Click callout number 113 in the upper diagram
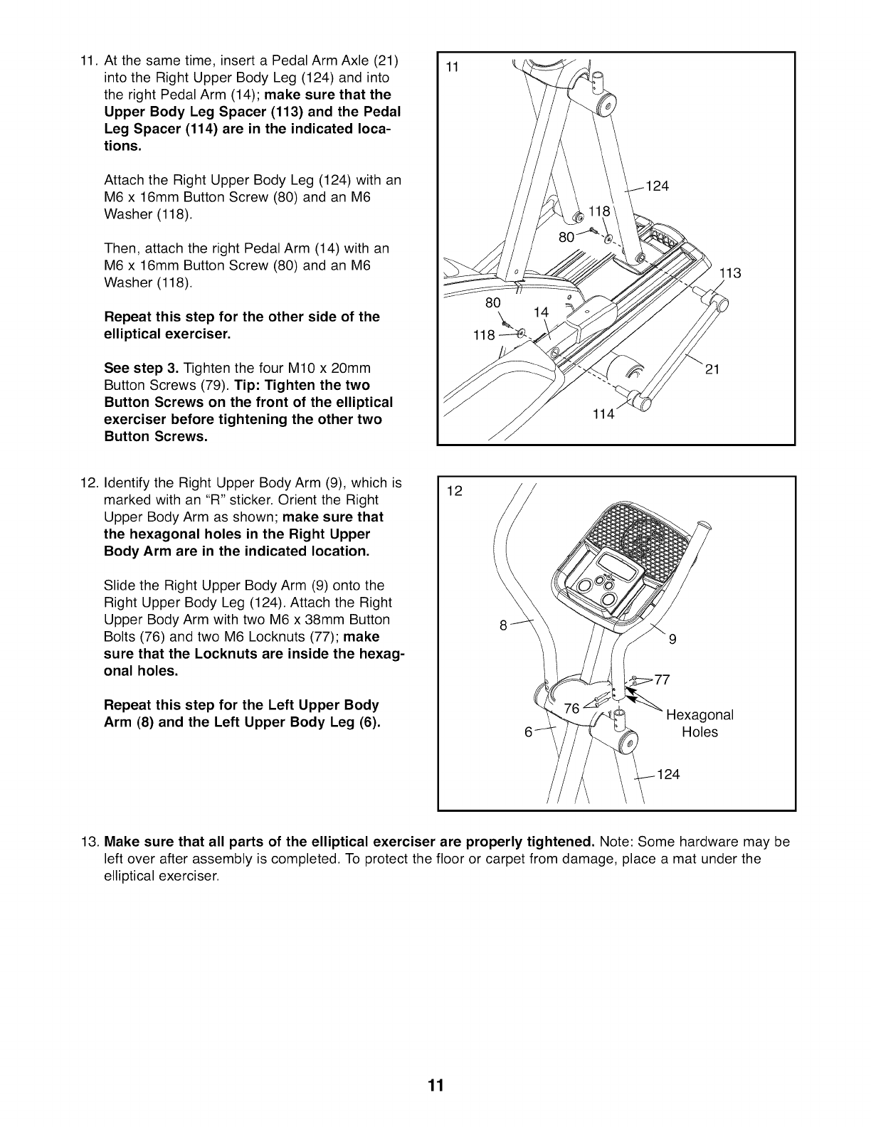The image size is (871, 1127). (731, 273)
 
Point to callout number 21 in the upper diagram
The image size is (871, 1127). (712, 369)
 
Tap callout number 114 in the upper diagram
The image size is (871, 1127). (603, 414)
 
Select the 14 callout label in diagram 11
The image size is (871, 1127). (542, 311)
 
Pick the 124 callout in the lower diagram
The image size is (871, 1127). (668, 774)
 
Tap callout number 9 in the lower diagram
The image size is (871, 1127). (672, 639)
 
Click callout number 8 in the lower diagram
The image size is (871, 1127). (503, 626)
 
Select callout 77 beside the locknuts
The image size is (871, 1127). (662, 679)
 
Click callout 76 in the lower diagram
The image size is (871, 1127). (571, 709)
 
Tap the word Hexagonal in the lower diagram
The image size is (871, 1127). (700, 714)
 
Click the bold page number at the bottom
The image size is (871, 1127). (435, 1085)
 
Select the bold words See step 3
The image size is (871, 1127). (142, 369)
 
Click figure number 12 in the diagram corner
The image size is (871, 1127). (454, 491)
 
